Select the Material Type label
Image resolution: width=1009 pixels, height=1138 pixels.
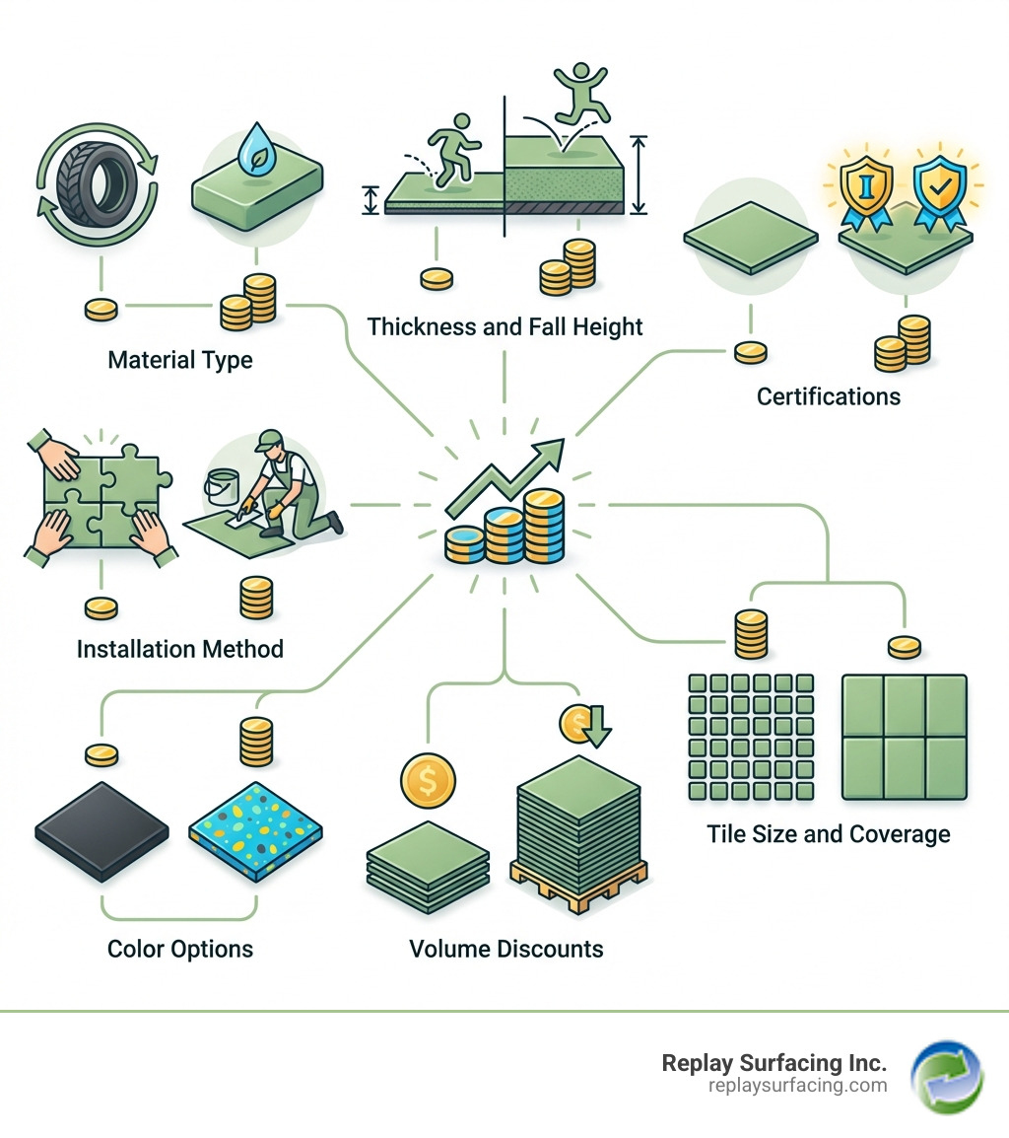180,359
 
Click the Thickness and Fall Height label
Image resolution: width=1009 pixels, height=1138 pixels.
504,325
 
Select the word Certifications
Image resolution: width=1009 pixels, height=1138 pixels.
828,396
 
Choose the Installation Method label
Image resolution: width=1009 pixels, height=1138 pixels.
180,649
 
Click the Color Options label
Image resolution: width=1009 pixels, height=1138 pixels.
180,949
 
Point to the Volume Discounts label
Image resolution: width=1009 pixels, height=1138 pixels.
505,949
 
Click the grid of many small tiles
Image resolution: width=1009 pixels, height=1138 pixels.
750,738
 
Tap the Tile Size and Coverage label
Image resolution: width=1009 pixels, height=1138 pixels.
829,833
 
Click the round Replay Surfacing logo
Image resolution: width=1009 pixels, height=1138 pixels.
946,1077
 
